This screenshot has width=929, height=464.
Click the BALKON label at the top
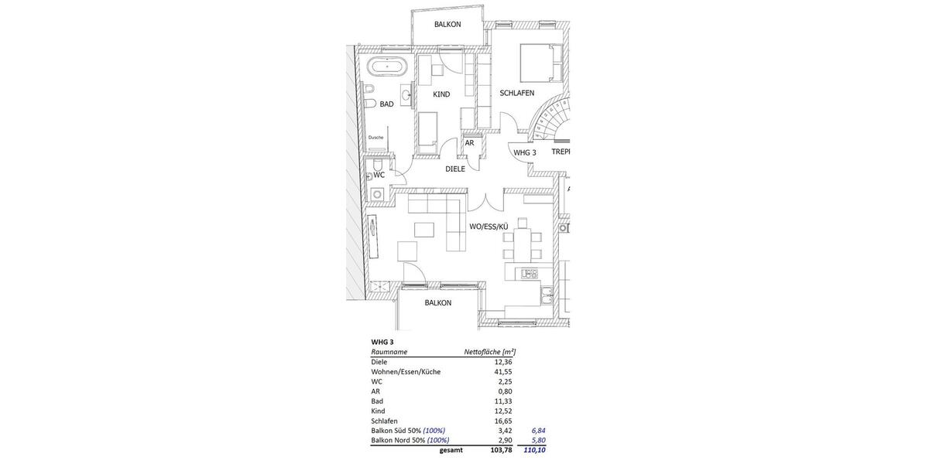447,25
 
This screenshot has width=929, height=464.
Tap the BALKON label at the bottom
438,303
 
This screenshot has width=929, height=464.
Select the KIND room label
441,94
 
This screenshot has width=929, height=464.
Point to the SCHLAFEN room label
517,93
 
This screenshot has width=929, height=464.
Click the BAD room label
386,104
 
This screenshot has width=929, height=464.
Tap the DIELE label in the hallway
455,169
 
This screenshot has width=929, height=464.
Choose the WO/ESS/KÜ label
488,227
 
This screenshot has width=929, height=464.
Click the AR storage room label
469,143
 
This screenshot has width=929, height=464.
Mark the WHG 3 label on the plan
525,153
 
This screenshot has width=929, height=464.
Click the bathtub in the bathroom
385,66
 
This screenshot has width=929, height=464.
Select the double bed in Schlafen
541,63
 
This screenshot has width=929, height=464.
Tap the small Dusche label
375,138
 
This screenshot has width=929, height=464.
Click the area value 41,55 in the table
503,372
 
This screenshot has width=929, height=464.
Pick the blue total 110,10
534,450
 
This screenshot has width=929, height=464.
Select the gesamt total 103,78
501,450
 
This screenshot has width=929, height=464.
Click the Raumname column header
389,352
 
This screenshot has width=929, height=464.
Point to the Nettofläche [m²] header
489,352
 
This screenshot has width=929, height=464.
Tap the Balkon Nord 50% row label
398,441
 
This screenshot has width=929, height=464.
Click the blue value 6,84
538,431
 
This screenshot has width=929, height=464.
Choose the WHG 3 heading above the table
382,342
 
